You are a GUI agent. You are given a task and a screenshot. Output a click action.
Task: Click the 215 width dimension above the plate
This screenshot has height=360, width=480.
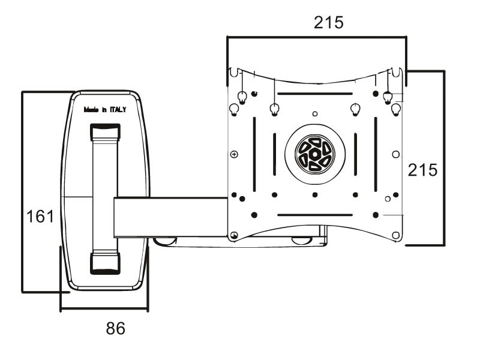pos(328,23)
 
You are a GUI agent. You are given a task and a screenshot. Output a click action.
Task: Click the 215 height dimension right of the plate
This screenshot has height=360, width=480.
pos(422,170)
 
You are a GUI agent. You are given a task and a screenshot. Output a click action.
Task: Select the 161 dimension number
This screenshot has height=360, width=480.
pos(40,216)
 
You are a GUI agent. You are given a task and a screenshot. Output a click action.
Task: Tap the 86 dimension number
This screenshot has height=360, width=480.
pos(116,328)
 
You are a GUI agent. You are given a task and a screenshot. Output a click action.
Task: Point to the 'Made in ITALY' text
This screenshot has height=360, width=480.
pos(104,110)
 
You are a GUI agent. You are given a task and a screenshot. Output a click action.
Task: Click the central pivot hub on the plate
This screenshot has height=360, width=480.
pos(315,154)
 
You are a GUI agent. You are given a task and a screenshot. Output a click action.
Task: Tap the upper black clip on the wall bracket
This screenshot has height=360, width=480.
pos(105,131)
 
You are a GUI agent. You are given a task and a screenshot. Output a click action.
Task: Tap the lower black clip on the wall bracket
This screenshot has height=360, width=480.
pos(105,263)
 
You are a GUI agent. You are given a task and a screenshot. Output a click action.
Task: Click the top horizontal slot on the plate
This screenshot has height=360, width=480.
pos(315,94)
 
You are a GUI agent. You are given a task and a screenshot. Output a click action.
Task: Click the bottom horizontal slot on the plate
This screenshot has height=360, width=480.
pos(315,215)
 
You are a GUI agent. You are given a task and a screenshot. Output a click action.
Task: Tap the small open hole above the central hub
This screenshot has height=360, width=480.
pos(315,113)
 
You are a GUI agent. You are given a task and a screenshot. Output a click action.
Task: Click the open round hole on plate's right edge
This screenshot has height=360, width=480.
pos(395,154)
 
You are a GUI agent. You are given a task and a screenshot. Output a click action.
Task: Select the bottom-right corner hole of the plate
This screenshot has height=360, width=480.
pos(395,235)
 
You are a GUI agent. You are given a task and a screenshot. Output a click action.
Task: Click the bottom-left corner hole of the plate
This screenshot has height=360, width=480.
pos(235,235)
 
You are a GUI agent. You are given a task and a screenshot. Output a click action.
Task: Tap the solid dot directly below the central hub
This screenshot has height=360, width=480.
pos(315,194)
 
